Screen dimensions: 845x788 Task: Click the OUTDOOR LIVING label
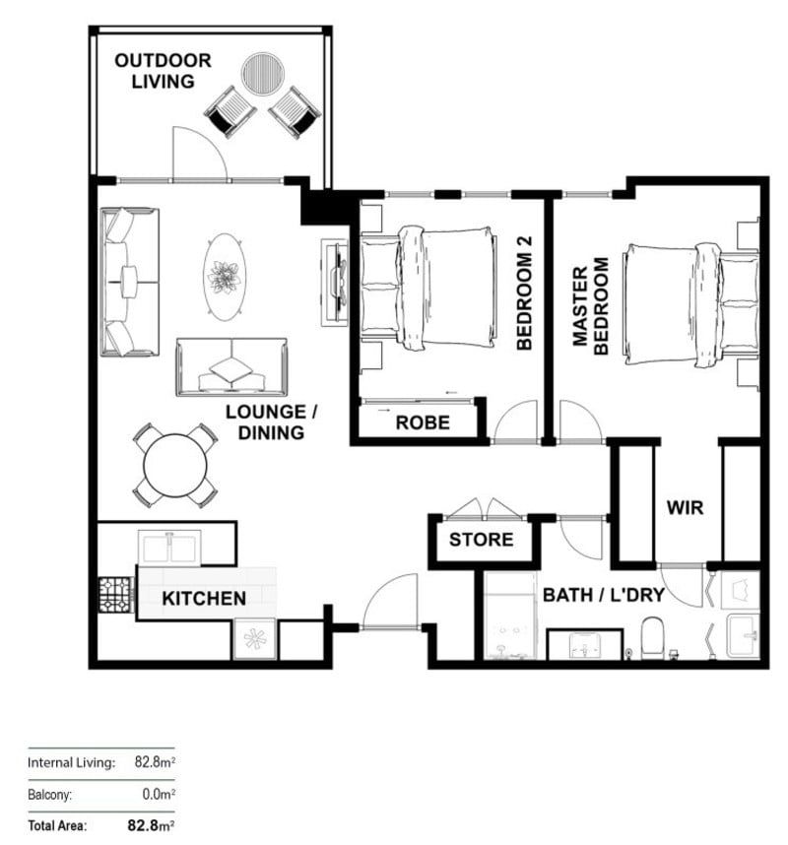(x=163, y=71)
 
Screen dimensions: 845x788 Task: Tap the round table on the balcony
(x=264, y=72)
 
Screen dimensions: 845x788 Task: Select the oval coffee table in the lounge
(x=225, y=277)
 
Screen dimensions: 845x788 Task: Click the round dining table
(x=175, y=465)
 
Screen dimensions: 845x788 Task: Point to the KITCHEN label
(x=204, y=598)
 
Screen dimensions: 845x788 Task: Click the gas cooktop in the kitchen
(x=115, y=595)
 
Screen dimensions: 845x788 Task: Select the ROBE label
(x=423, y=422)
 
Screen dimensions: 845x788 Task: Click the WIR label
(x=685, y=509)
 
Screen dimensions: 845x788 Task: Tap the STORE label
(x=481, y=540)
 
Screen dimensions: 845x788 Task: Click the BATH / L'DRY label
(x=604, y=595)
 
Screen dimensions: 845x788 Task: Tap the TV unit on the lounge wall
(x=335, y=280)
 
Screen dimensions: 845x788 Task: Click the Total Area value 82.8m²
(x=151, y=825)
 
